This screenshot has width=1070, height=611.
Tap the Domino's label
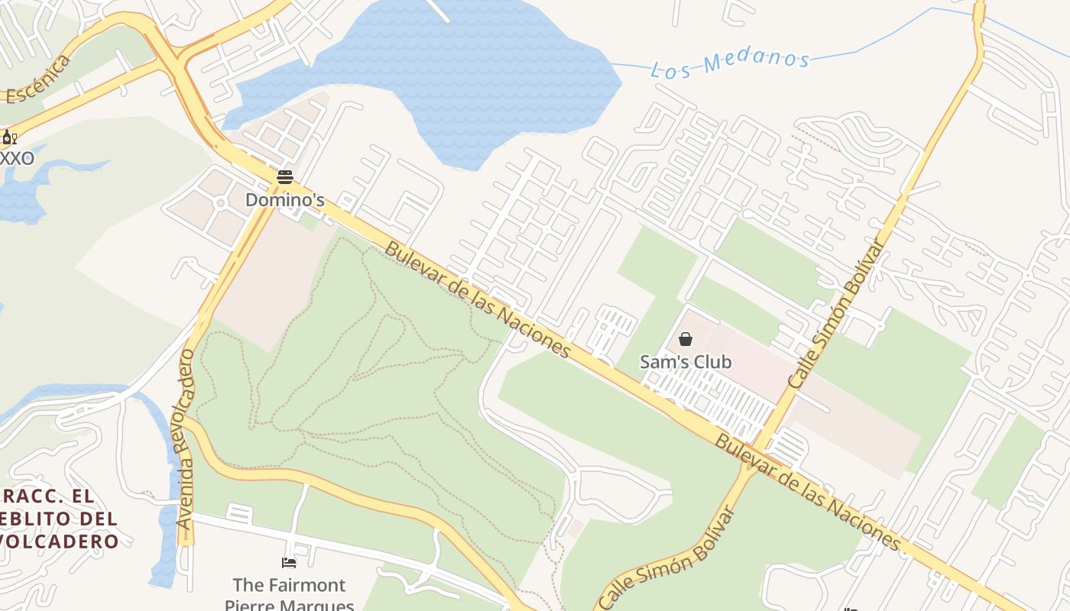tap(284, 200)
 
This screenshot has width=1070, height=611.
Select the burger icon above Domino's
tap(285, 177)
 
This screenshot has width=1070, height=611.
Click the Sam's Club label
tap(686, 362)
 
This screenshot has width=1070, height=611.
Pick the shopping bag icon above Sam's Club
tap(686, 339)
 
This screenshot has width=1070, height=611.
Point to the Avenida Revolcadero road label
tap(186, 439)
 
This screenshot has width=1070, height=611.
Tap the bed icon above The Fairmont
tap(289, 563)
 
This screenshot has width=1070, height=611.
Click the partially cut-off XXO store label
tap(17, 159)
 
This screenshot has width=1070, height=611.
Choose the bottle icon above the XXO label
tap(8, 137)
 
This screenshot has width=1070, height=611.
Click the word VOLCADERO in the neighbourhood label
tap(60, 541)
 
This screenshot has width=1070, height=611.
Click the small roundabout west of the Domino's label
tap(220, 203)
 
